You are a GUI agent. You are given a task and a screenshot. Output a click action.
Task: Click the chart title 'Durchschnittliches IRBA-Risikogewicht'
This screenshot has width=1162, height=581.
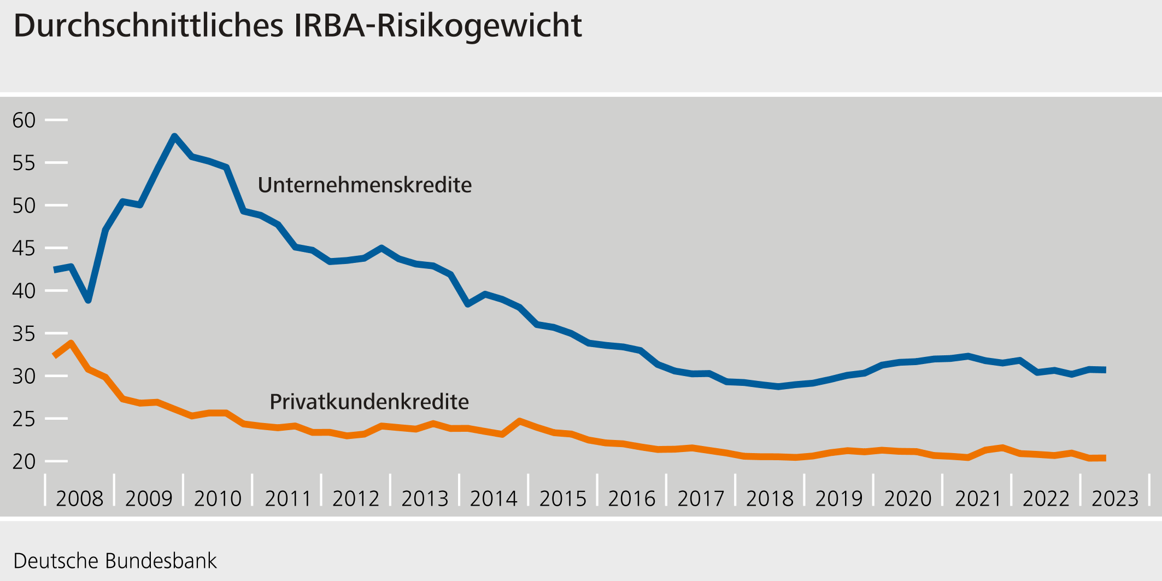click(298, 26)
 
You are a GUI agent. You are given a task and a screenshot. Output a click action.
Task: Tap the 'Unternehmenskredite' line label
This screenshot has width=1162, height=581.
click(365, 185)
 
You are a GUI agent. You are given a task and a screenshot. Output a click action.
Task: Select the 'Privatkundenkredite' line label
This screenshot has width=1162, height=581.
click(369, 402)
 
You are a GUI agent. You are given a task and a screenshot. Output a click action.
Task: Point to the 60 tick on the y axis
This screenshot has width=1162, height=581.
click(24, 120)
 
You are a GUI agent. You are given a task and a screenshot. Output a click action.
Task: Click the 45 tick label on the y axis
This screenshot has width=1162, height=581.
click(24, 249)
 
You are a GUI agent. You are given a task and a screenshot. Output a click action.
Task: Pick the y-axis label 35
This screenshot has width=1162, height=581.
click(24, 334)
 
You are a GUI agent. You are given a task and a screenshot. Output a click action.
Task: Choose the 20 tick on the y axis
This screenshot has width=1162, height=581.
click(24, 462)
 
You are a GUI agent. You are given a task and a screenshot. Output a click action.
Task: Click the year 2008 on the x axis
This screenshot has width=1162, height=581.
click(80, 498)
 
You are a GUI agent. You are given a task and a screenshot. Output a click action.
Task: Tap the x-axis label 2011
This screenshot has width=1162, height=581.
click(287, 498)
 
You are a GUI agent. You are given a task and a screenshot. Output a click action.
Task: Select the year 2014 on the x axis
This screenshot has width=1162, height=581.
click(494, 498)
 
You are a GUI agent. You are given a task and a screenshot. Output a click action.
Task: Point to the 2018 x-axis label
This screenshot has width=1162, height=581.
click(770, 498)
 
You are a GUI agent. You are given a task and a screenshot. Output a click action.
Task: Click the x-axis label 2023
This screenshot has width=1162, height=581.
click(1115, 498)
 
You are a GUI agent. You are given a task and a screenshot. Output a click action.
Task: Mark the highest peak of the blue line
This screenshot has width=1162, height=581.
click(174, 136)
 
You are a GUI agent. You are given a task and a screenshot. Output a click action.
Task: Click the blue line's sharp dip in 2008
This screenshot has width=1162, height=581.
click(88, 300)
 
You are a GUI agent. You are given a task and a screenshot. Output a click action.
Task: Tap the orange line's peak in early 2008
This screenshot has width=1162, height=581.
click(71, 343)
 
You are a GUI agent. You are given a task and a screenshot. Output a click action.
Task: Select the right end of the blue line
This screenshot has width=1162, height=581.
click(1105, 370)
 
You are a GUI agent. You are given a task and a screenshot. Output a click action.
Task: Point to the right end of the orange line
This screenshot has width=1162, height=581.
click(1105, 458)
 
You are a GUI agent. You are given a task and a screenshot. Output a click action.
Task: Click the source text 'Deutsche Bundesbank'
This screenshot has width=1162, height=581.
click(115, 561)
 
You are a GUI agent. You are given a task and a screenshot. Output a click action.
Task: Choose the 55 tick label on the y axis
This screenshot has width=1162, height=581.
click(24, 163)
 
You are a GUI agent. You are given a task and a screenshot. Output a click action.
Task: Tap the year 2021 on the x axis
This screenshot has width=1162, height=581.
click(977, 498)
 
